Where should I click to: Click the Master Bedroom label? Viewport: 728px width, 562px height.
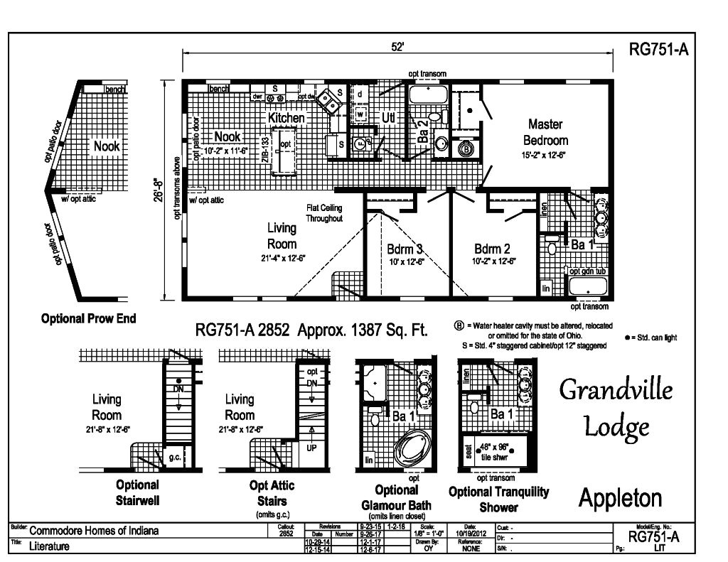[x=546, y=131]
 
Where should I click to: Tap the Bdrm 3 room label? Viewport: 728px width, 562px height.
[x=405, y=249]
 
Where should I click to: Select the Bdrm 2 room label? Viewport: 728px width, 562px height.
[x=493, y=249]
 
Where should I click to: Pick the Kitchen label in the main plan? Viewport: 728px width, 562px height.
[x=287, y=117]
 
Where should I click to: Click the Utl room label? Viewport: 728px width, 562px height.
[x=388, y=118]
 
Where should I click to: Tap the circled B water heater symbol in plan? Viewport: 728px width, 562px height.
[x=466, y=149]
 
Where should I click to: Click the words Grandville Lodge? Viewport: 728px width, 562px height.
[x=616, y=407]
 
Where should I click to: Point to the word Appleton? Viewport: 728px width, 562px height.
[x=620, y=498]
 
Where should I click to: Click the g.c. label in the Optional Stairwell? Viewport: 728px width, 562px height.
[x=173, y=458]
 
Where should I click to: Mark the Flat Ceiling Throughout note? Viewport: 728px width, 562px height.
[x=324, y=213]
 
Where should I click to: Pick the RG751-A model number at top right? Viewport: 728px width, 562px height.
[x=658, y=50]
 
